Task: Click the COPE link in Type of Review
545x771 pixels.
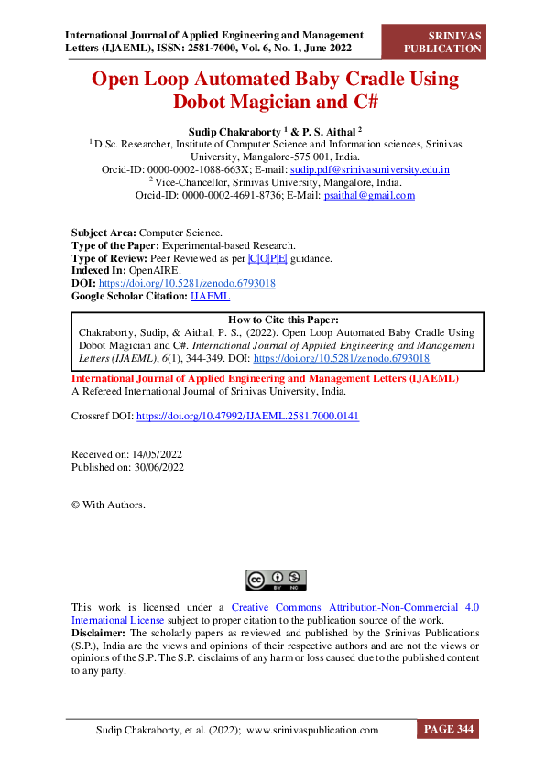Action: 267,258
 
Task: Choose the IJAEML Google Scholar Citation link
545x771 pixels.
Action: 210,297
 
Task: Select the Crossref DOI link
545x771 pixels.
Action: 247,416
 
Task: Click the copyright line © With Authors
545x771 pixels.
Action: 108,505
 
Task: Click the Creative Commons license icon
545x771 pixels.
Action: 276,579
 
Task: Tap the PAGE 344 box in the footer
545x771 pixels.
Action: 448,730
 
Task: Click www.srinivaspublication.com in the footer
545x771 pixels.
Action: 312,730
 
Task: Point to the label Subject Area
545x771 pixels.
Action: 102,233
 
